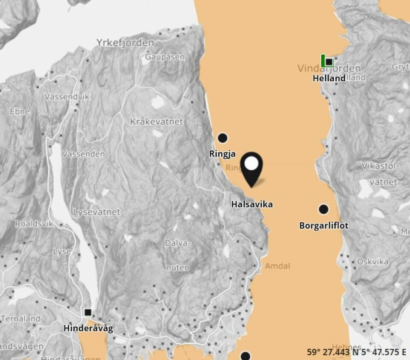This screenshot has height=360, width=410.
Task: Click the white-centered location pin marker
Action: click(252, 164)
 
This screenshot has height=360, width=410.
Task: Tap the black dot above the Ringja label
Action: click(223, 138)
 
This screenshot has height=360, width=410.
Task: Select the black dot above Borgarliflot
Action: click(323, 209)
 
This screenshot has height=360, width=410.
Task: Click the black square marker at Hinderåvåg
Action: click(88, 312)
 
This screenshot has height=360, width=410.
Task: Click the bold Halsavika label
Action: click(252, 204)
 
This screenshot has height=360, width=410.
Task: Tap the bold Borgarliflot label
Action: click(324, 225)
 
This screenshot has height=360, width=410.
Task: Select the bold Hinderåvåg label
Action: click(88, 328)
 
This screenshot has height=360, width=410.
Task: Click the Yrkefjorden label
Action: click(125, 43)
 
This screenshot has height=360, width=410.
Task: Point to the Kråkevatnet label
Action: click(156, 121)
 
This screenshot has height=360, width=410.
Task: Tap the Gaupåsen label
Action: click(165, 56)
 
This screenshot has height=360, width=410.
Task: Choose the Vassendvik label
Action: click(67, 97)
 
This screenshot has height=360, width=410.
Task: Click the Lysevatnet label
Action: click(97, 212)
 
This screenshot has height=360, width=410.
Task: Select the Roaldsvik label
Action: click(34, 224)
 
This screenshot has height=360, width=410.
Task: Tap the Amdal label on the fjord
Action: click(278, 266)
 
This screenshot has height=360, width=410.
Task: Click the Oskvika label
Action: click(372, 261)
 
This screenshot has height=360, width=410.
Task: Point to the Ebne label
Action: click(20, 111)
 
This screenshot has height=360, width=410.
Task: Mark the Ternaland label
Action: click(20, 319)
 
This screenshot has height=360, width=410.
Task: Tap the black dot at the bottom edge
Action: click(246, 356)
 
